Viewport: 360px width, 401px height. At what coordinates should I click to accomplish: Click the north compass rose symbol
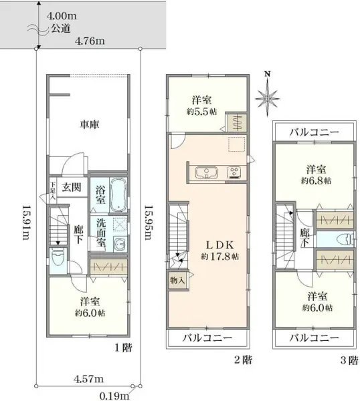[268, 97]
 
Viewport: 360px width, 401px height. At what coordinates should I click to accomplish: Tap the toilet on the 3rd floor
[342, 239]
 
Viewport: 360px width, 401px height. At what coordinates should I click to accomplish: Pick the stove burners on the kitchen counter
[235, 172]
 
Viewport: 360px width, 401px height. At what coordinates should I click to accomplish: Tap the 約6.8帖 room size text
[315, 180]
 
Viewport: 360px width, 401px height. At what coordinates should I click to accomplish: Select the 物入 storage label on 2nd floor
[177, 281]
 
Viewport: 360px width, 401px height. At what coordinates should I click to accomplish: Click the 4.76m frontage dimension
[90, 41]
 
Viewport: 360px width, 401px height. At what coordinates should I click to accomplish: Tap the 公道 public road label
[61, 29]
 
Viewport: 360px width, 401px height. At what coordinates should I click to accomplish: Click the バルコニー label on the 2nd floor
[207, 338]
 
